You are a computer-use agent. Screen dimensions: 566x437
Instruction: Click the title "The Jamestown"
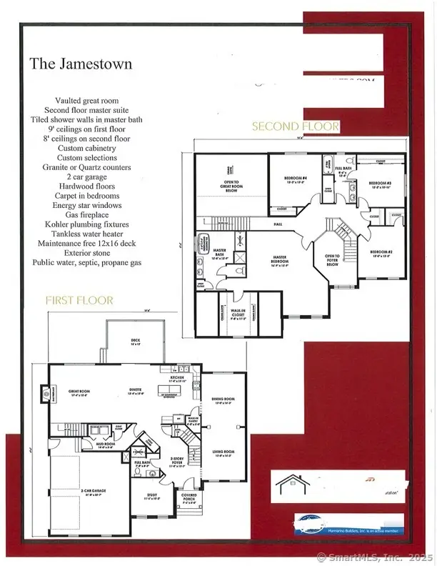[81, 64]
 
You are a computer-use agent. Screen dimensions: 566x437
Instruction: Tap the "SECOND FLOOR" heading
[295, 126]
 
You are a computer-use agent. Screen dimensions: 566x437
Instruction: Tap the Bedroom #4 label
[293, 180]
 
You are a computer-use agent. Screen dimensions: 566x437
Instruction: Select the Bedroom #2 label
[385, 253]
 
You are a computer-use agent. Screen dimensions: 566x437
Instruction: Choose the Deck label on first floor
[136, 341]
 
